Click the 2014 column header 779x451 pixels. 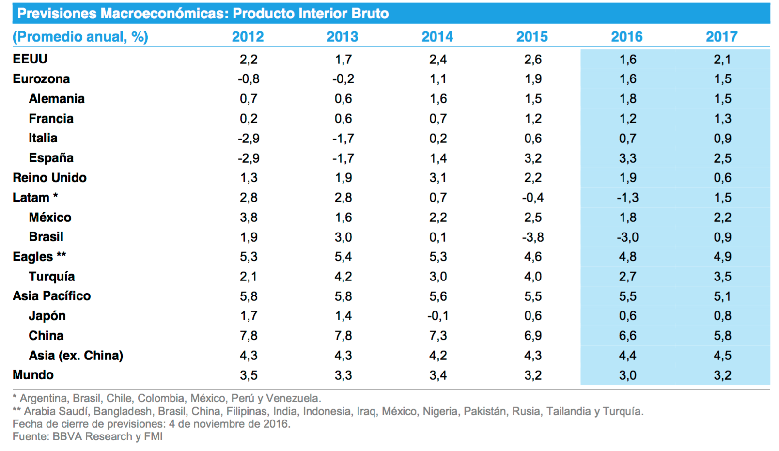click(437, 37)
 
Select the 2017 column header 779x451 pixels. click(721, 37)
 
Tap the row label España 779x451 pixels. click(51, 158)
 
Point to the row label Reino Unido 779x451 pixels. click(49, 178)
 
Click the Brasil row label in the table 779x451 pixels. click(46, 237)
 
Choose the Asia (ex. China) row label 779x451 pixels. click(76, 356)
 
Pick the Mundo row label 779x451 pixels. click(33, 375)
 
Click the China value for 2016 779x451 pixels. click(627, 336)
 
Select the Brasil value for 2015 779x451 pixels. click(532, 237)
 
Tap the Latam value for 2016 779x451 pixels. click(627, 198)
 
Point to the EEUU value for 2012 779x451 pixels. click(249, 60)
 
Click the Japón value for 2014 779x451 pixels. click(437, 316)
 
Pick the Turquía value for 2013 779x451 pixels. click(343, 277)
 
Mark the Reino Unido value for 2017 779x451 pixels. click(722, 178)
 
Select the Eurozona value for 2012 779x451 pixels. click(249, 79)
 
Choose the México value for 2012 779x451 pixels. click(249, 218)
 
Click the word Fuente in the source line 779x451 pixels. click(31, 436)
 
